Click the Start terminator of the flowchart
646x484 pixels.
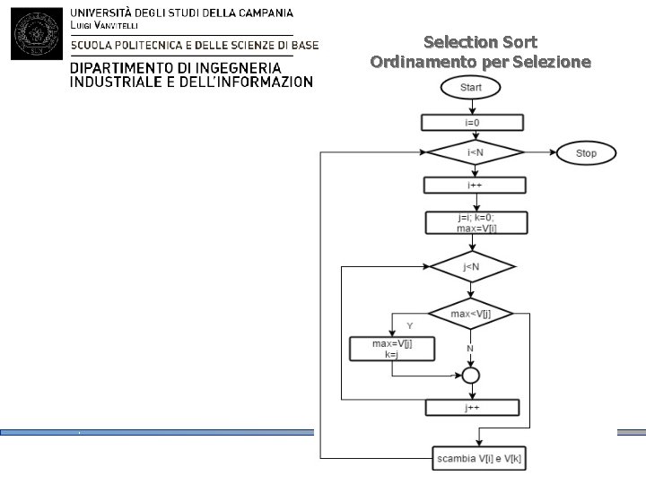pyautogui.click(x=471, y=88)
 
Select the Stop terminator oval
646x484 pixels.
pyautogui.click(x=585, y=153)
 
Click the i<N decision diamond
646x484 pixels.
pyautogui.click(x=475, y=153)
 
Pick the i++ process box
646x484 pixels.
pyautogui.click(x=474, y=185)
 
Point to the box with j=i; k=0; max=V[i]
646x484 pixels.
pyautogui.click(x=476, y=222)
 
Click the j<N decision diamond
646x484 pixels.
pyautogui.click(x=471, y=267)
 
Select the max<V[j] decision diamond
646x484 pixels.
pyautogui.click(x=471, y=314)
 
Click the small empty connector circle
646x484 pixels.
pyautogui.click(x=471, y=375)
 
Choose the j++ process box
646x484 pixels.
pyautogui.click(x=472, y=407)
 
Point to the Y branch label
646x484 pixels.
pyautogui.click(x=409, y=324)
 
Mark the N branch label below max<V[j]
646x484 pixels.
pyautogui.click(x=470, y=348)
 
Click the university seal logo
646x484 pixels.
pyautogui.click(x=35, y=32)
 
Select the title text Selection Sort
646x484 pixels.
pyautogui.click(x=480, y=42)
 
